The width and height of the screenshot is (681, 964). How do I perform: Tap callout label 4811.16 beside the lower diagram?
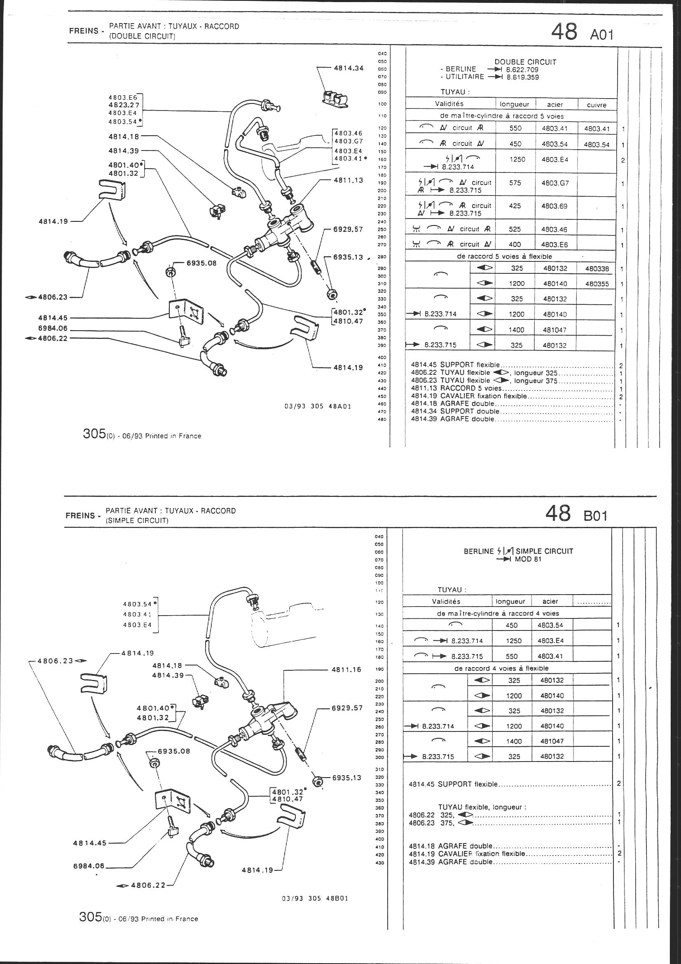[x=346, y=669]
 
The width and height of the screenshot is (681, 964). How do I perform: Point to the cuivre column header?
[x=596, y=105]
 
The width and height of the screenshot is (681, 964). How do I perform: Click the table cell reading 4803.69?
[x=554, y=207]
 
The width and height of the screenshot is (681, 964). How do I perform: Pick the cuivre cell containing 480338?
[x=596, y=269]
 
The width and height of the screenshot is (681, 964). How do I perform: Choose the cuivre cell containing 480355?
[x=596, y=284]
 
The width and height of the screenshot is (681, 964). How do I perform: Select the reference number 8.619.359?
[x=522, y=77]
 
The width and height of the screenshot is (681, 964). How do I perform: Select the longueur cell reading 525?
[x=515, y=229]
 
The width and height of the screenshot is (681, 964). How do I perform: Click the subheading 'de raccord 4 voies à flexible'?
[x=501, y=668]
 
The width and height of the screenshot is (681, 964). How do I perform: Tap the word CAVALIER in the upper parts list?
[x=457, y=396]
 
